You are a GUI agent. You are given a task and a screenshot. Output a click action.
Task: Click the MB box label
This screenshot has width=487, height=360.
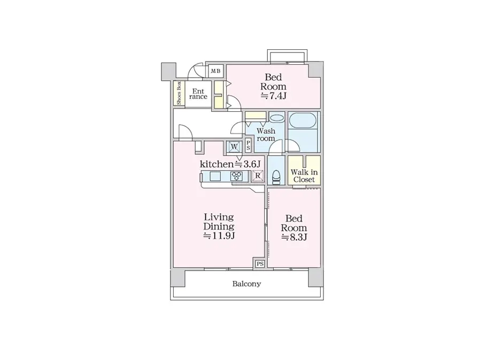[216, 71]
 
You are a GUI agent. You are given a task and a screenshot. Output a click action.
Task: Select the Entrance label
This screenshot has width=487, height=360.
[199, 94]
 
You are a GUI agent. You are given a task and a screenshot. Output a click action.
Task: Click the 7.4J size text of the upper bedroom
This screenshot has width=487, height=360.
[274, 96]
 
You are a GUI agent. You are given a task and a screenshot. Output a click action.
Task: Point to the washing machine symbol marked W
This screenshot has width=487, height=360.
[234, 146]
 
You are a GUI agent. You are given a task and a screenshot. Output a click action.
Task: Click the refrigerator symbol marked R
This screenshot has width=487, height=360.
[258, 175]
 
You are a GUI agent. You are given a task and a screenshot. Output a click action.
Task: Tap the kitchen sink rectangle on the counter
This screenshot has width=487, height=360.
[216, 176]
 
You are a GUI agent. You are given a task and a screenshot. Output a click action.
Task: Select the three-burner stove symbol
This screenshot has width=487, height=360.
[237, 176]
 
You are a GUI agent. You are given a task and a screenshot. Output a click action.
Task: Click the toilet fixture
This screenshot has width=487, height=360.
[276, 176]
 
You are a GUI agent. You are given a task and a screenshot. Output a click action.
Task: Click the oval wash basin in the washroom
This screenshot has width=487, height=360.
[276, 118]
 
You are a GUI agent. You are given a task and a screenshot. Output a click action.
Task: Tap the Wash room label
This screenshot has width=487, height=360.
[266, 134]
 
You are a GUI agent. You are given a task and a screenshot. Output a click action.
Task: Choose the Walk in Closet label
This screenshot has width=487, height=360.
[304, 176]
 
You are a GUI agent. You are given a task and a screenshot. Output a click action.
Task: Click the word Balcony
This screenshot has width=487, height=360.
[246, 284]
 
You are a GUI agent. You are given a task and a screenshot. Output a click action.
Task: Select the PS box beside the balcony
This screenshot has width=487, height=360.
[260, 264]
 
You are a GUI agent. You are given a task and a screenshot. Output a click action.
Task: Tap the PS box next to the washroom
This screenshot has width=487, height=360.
[248, 145]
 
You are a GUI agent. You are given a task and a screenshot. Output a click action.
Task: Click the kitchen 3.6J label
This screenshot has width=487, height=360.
[230, 164]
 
